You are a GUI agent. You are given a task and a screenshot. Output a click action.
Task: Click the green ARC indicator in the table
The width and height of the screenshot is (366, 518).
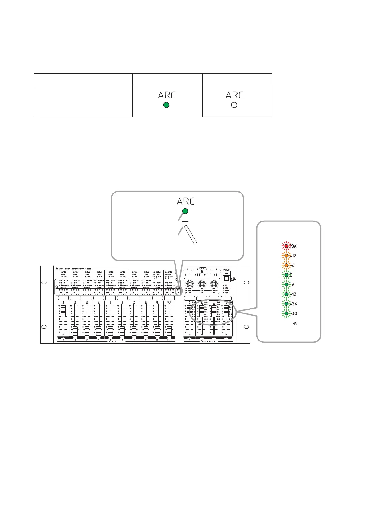(x=166, y=105)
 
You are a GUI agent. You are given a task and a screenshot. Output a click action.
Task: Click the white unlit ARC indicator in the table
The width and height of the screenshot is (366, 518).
(x=234, y=105)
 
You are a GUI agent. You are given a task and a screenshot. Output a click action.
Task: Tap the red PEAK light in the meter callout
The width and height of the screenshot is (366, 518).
(x=286, y=246)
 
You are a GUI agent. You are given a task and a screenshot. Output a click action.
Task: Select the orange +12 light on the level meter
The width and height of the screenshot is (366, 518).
(x=286, y=256)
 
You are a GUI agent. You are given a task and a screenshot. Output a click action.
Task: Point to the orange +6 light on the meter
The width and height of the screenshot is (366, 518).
(x=286, y=265)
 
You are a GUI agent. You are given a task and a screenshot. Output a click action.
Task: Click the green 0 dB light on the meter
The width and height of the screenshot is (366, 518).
(x=286, y=275)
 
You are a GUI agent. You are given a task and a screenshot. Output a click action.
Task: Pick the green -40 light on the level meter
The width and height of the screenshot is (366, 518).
(x=286, y=313)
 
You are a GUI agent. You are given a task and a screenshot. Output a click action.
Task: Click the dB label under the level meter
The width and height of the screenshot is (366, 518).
(x=294, y=324)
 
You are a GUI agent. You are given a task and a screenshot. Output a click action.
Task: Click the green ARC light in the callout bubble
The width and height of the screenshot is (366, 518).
(x=185, y=211)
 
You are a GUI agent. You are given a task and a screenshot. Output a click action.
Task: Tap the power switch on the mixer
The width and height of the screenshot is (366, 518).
(x=226, y=279)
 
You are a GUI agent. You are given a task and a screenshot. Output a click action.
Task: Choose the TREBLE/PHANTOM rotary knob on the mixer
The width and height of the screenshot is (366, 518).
(x=214, y=284)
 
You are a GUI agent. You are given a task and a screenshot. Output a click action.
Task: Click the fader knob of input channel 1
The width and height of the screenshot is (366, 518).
(x=63, y=311)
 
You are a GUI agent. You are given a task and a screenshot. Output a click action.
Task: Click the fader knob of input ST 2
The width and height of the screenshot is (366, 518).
(x=169, y=332)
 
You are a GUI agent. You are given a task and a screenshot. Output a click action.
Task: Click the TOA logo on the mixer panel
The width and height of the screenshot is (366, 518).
(x=57, y=268)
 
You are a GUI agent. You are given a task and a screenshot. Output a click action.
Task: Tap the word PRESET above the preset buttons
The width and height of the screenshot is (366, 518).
(x=203, y=268)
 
